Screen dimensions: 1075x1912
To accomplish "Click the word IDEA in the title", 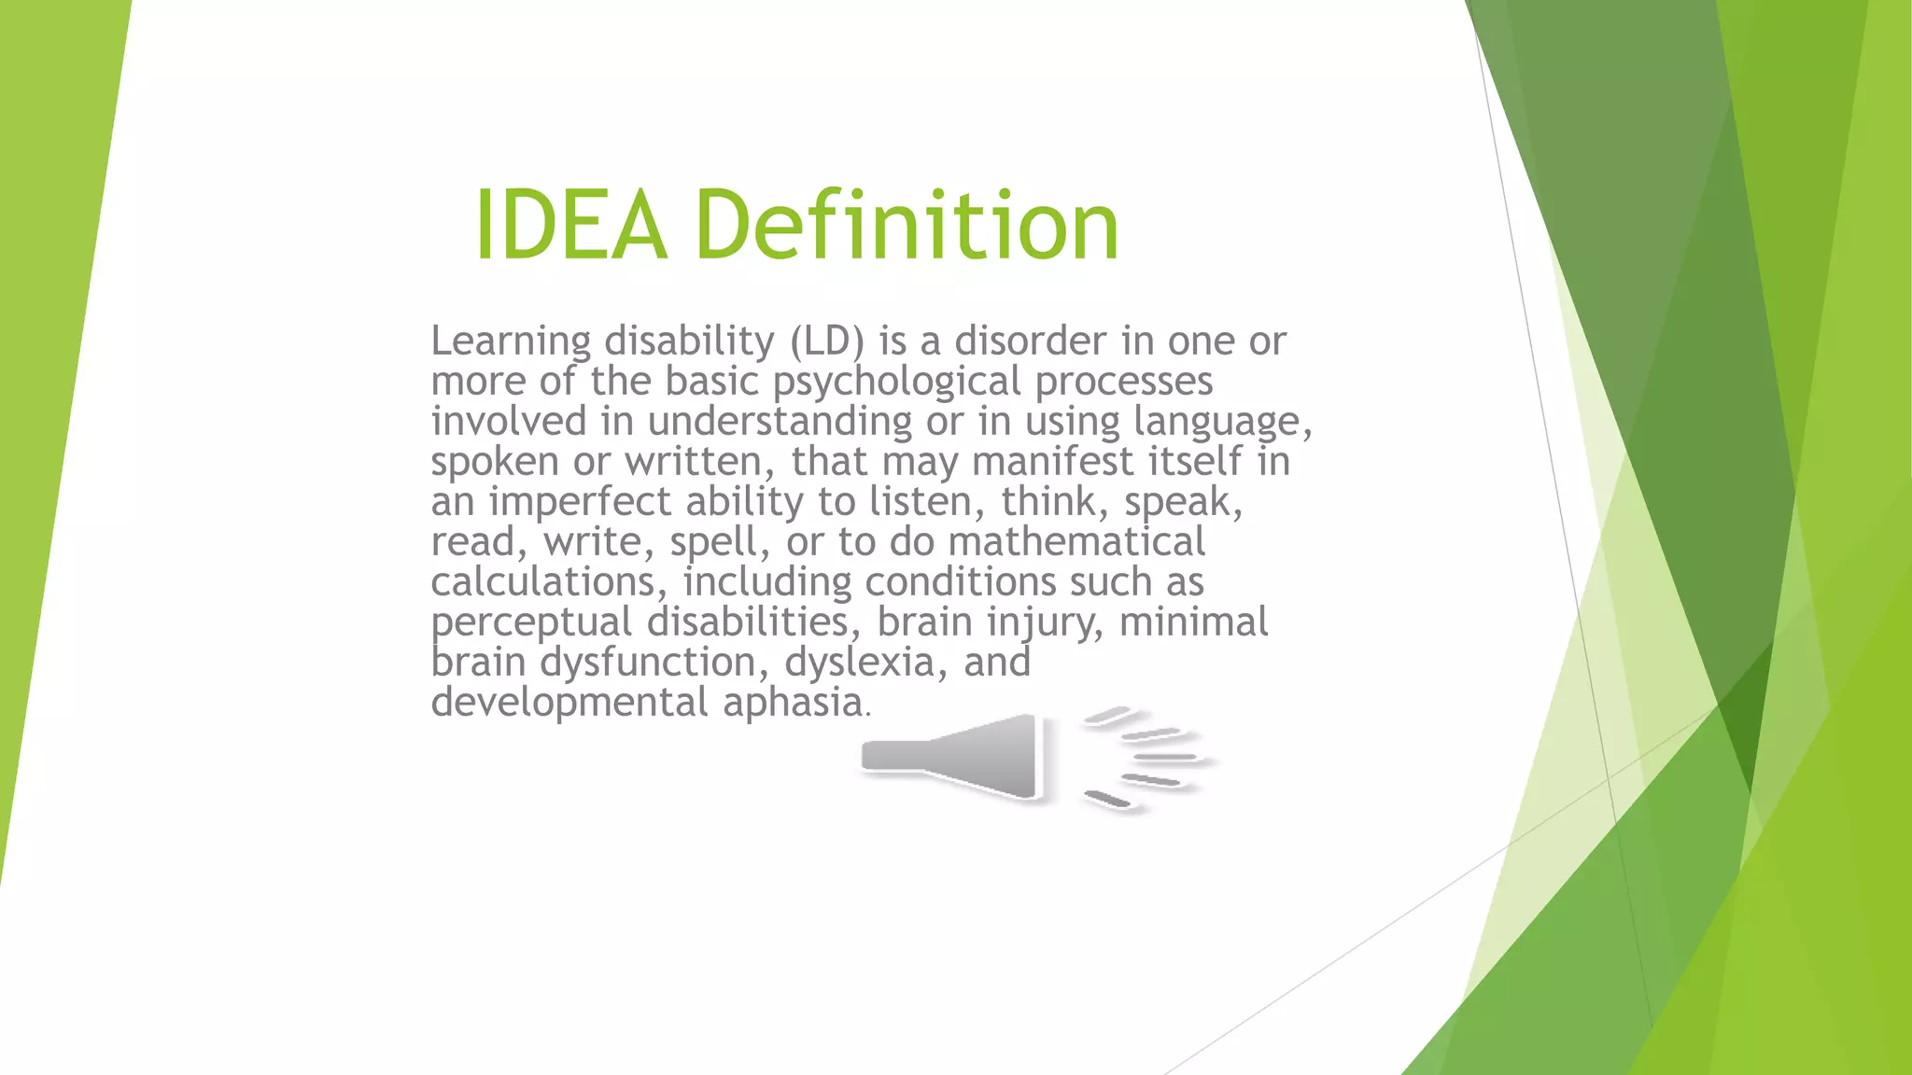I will click(x=570, y=226).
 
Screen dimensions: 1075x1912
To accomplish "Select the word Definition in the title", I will click(x=906, y=226).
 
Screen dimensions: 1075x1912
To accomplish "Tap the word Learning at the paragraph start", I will click(x=511, y=342).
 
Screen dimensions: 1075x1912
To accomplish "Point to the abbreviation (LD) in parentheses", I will click(x=827, y=342).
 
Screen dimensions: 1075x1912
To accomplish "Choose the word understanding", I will click(x=780, y=422).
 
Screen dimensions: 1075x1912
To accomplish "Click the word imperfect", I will click(x=580, y=503).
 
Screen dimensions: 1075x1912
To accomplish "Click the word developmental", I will click(x=569, y=704).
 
